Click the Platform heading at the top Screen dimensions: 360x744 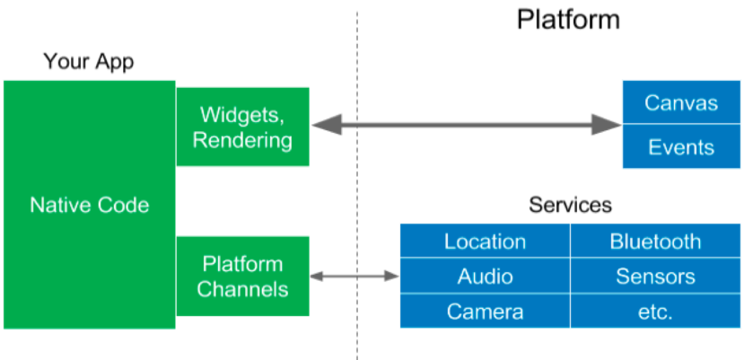[x=568, y=20]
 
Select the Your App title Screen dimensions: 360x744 [x=88, y=62]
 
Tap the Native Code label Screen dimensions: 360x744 [x=89, y=205]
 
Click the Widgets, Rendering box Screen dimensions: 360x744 [x=242, y=127]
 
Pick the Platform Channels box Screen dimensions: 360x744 [x=242, y=277]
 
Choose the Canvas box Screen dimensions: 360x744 [x=681, y=102]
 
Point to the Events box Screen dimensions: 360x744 [x=681, y=147]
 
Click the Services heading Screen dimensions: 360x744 [x=570, y=206]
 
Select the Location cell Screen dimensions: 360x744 [x=485, y=241]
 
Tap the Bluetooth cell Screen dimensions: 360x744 [x=655, y=241]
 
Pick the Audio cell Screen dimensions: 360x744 [x=485, y=276]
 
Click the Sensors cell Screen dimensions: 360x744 [x=655, y=276]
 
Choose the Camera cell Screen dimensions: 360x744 [x=485, y=312]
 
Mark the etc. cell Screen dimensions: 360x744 [x=655, y=312]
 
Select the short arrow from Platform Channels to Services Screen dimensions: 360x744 [x=354, y=275]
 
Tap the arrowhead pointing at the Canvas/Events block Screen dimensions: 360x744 [x=611, y=124]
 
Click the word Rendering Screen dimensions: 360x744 [x=242, y=140]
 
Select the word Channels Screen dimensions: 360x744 [x=242, y=289]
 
